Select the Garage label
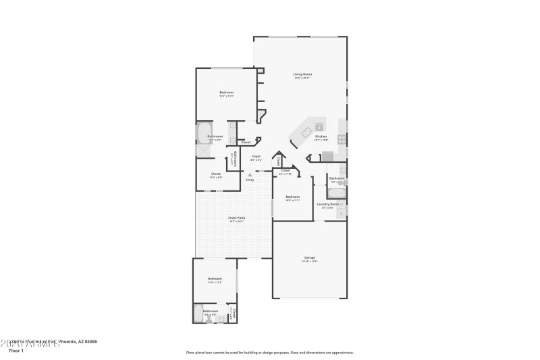(310, 257)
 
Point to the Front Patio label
(237, 217)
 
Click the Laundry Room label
(328, 203)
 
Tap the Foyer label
(256, 157)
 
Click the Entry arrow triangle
(250, 174)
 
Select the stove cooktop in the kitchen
(342, 140)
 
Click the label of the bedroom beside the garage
(292, 197)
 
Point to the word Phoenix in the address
(70, 342)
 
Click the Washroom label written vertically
(233, 159)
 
